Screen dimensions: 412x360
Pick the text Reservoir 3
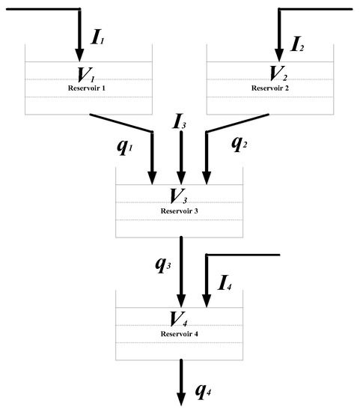click(x=180, y=211)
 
